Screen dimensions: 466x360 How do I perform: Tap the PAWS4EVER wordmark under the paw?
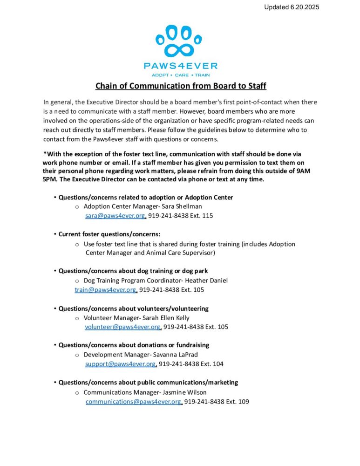coord(180,66)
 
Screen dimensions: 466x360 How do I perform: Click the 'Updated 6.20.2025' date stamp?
coord(292,7)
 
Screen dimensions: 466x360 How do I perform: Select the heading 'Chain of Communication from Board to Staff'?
coord(181,86)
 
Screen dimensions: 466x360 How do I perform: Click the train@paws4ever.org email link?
coord(105,290)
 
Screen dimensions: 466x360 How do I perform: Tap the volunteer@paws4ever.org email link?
coord(122,327)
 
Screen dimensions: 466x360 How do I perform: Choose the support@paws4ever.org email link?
coord(120,364)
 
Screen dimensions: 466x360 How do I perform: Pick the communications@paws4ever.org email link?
coord(133,401)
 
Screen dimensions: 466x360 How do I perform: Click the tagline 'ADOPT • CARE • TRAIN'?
coord(180,75)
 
